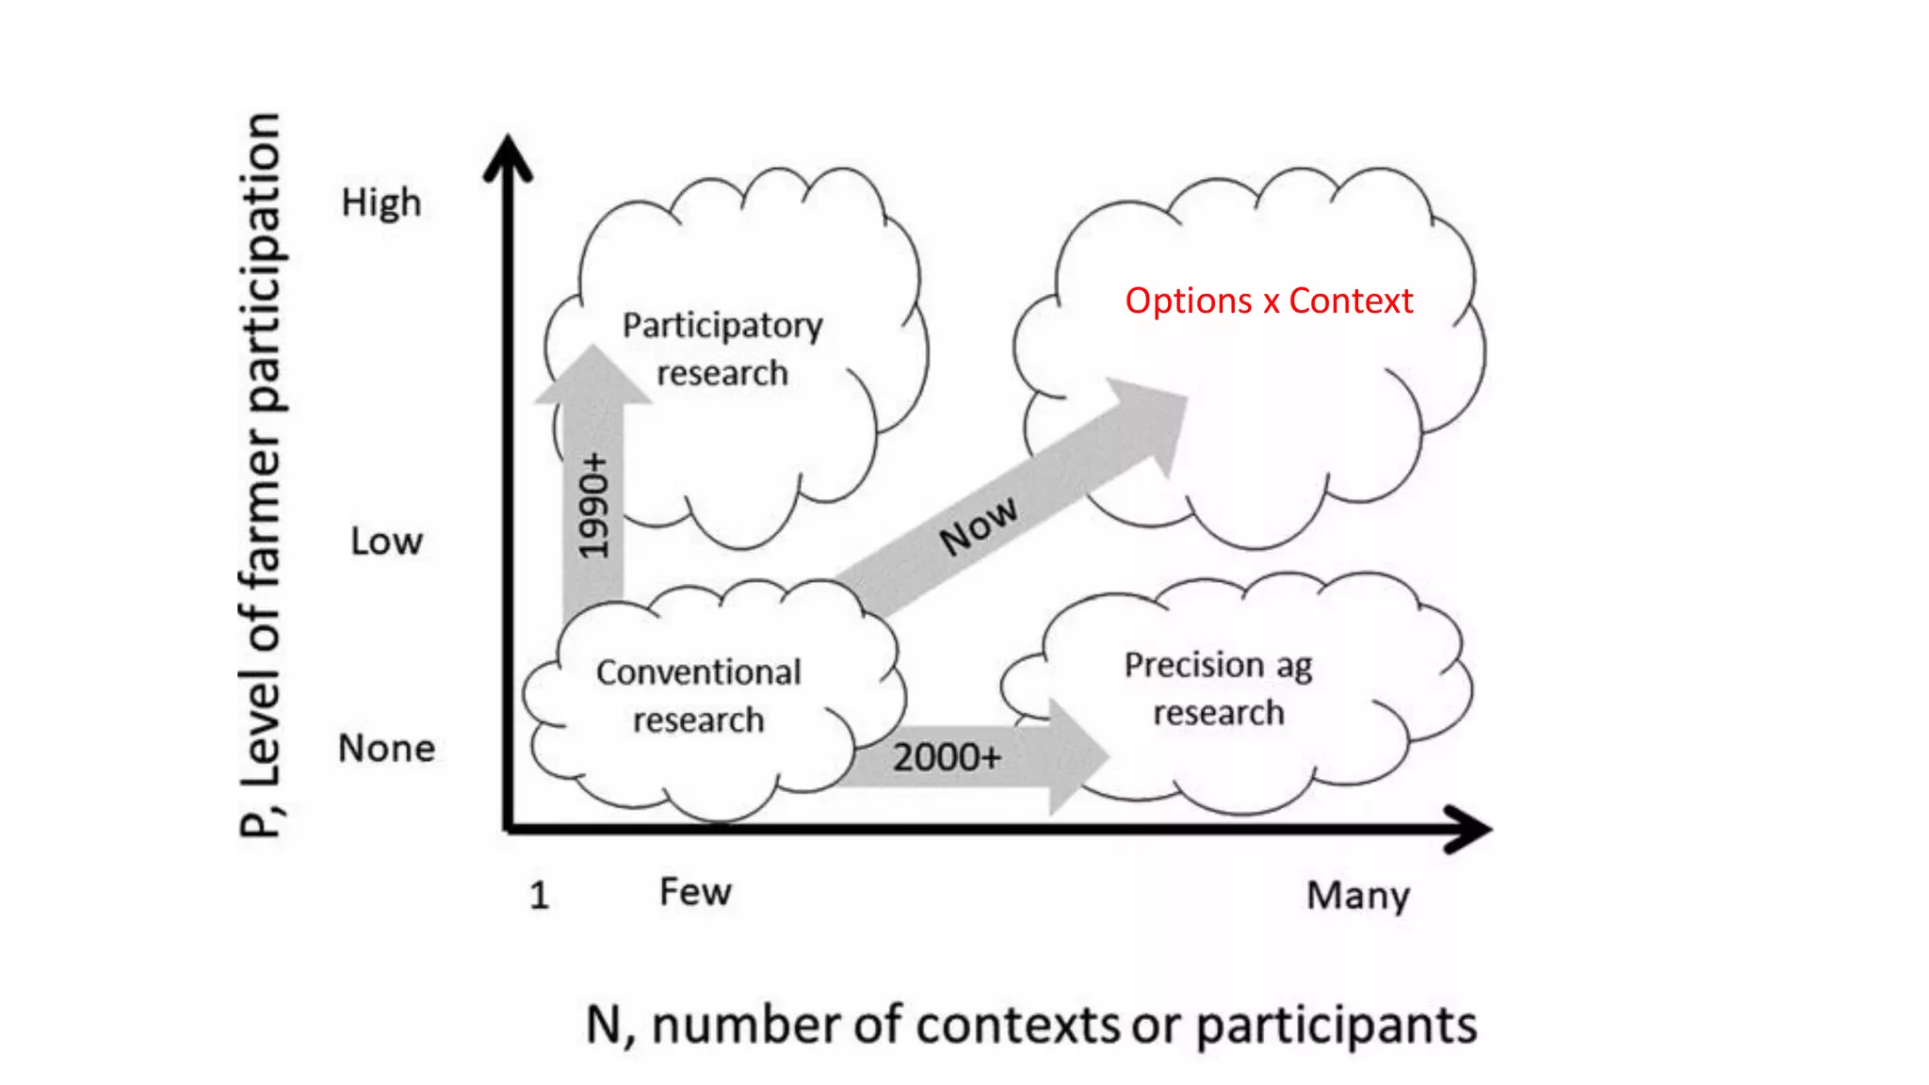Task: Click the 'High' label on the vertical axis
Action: click(381, 203)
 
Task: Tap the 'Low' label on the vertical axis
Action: click(386, 542)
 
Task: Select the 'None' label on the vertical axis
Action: click(386, 749)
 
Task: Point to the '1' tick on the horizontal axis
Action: click(539, 895)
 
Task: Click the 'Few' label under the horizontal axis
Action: click(695, 892)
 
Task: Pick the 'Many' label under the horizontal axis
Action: click(1358, 896)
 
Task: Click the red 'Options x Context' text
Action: click(1269, 301)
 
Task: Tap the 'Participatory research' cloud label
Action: click(722, 349)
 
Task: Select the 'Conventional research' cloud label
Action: click(699, 696)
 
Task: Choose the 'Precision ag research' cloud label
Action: click(1218, 688)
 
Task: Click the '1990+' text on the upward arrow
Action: click(594, 506)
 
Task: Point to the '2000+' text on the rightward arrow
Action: click(947, 757)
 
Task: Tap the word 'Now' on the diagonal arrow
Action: click(979, 525)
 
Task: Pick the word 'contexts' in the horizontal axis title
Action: click(1016, 1025)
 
